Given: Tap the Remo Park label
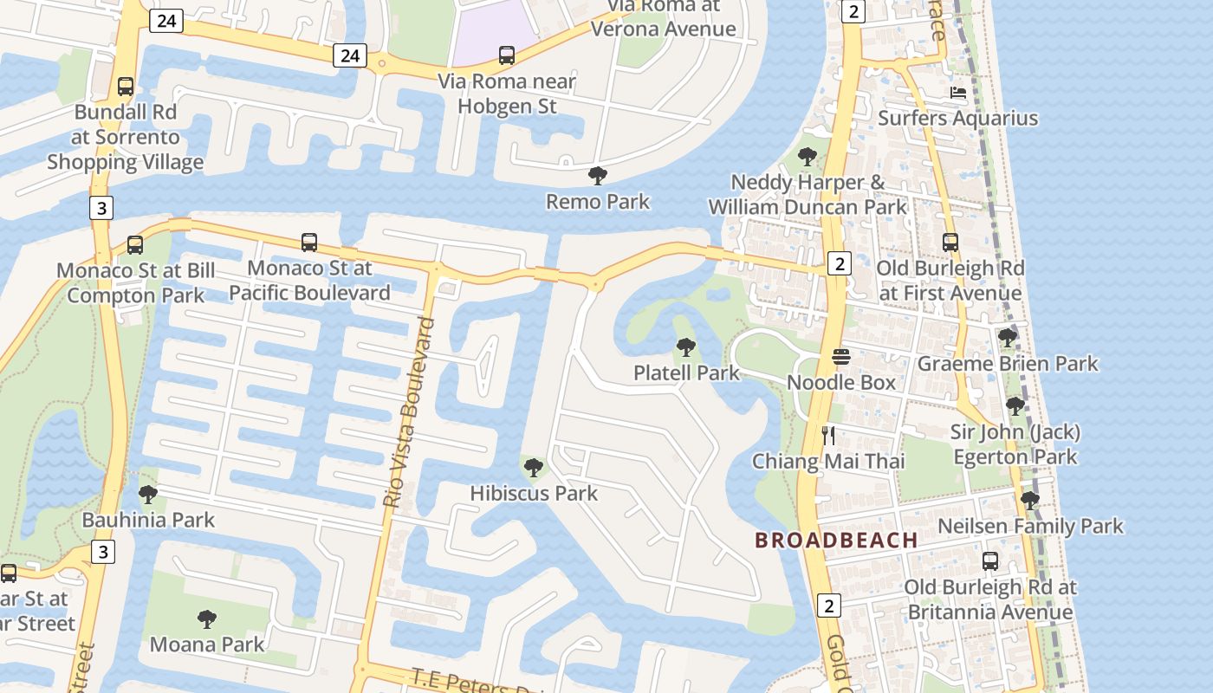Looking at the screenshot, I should tap(598, 202).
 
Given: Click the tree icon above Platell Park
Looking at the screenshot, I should tap(686, 348).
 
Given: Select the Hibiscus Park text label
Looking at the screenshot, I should tap(534, 493).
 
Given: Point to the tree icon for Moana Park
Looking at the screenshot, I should tap(206, 619).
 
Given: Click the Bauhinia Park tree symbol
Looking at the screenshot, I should tap(148, 495).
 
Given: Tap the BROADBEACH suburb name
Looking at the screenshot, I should tap(836, 540).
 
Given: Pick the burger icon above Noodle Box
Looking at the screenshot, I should tap(840, 357).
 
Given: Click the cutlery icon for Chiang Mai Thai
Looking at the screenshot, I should tap(828, 435).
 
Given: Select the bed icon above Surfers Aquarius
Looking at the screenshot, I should tap(957, 93).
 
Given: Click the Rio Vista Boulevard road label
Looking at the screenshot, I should tap(408, 412).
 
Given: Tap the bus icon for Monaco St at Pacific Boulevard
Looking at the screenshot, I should tap(309, 243).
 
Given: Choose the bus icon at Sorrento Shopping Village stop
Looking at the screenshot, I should tap(126, 87).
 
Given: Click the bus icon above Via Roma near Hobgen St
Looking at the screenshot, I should tap(507, 55).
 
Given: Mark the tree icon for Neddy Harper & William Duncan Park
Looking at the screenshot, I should tap(808, 157).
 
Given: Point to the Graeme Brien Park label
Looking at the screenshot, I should tap(1008, 364).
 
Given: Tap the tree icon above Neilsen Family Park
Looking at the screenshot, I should tap(1030, 500).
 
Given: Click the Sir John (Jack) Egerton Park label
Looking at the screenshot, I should tap(1015, 444).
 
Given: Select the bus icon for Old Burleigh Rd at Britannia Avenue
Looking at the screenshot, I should tap(990, 561).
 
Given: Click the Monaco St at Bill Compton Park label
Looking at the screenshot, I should tap(135, 282).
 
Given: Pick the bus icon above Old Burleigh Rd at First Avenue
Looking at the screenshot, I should tap(950, 243).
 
